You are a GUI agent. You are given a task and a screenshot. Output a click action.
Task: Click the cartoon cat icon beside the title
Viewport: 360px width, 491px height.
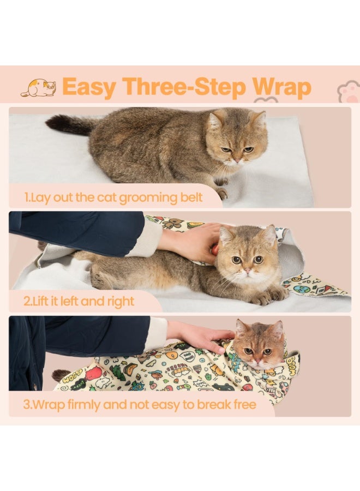(x=39, y=87)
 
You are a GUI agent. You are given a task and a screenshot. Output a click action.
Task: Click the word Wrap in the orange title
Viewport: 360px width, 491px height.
(x=282, y=87)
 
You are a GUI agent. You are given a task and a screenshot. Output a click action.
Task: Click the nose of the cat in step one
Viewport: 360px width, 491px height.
(x=238, y=160)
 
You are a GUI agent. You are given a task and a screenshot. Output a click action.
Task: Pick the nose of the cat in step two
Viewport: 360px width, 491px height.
(x=247, y=270)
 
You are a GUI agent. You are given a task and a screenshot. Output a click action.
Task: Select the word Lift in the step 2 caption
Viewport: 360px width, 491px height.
(x=40, y=301)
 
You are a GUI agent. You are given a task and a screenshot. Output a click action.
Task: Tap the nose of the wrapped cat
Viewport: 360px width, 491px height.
(x=257, y=361)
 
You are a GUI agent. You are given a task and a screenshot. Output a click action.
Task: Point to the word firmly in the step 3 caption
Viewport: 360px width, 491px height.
(x=84, y=405)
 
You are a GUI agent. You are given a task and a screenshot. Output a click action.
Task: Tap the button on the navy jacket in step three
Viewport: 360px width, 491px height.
(x=35, y=386)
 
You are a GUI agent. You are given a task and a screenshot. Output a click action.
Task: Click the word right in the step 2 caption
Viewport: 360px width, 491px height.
(x=121, y=302)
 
